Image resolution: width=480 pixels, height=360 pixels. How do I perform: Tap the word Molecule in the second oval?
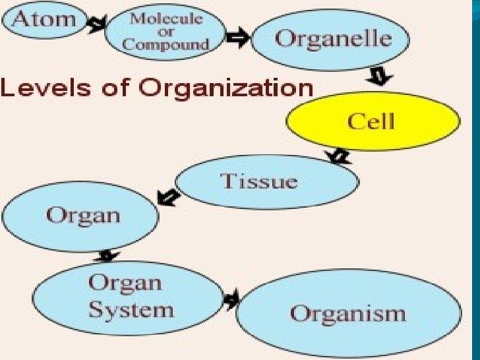point(166,18)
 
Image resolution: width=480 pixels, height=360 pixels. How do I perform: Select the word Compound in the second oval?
point(165,45)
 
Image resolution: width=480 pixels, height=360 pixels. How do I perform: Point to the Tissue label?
point(259,181)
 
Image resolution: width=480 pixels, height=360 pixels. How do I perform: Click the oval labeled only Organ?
point(82,214)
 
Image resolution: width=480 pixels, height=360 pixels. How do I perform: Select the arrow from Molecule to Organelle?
point(239,39)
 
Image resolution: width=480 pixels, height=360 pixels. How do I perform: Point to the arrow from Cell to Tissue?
point(340,156)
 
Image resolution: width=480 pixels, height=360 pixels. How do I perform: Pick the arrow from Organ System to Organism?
point(230,300)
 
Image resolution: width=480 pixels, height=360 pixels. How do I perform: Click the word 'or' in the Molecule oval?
point(165,32)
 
